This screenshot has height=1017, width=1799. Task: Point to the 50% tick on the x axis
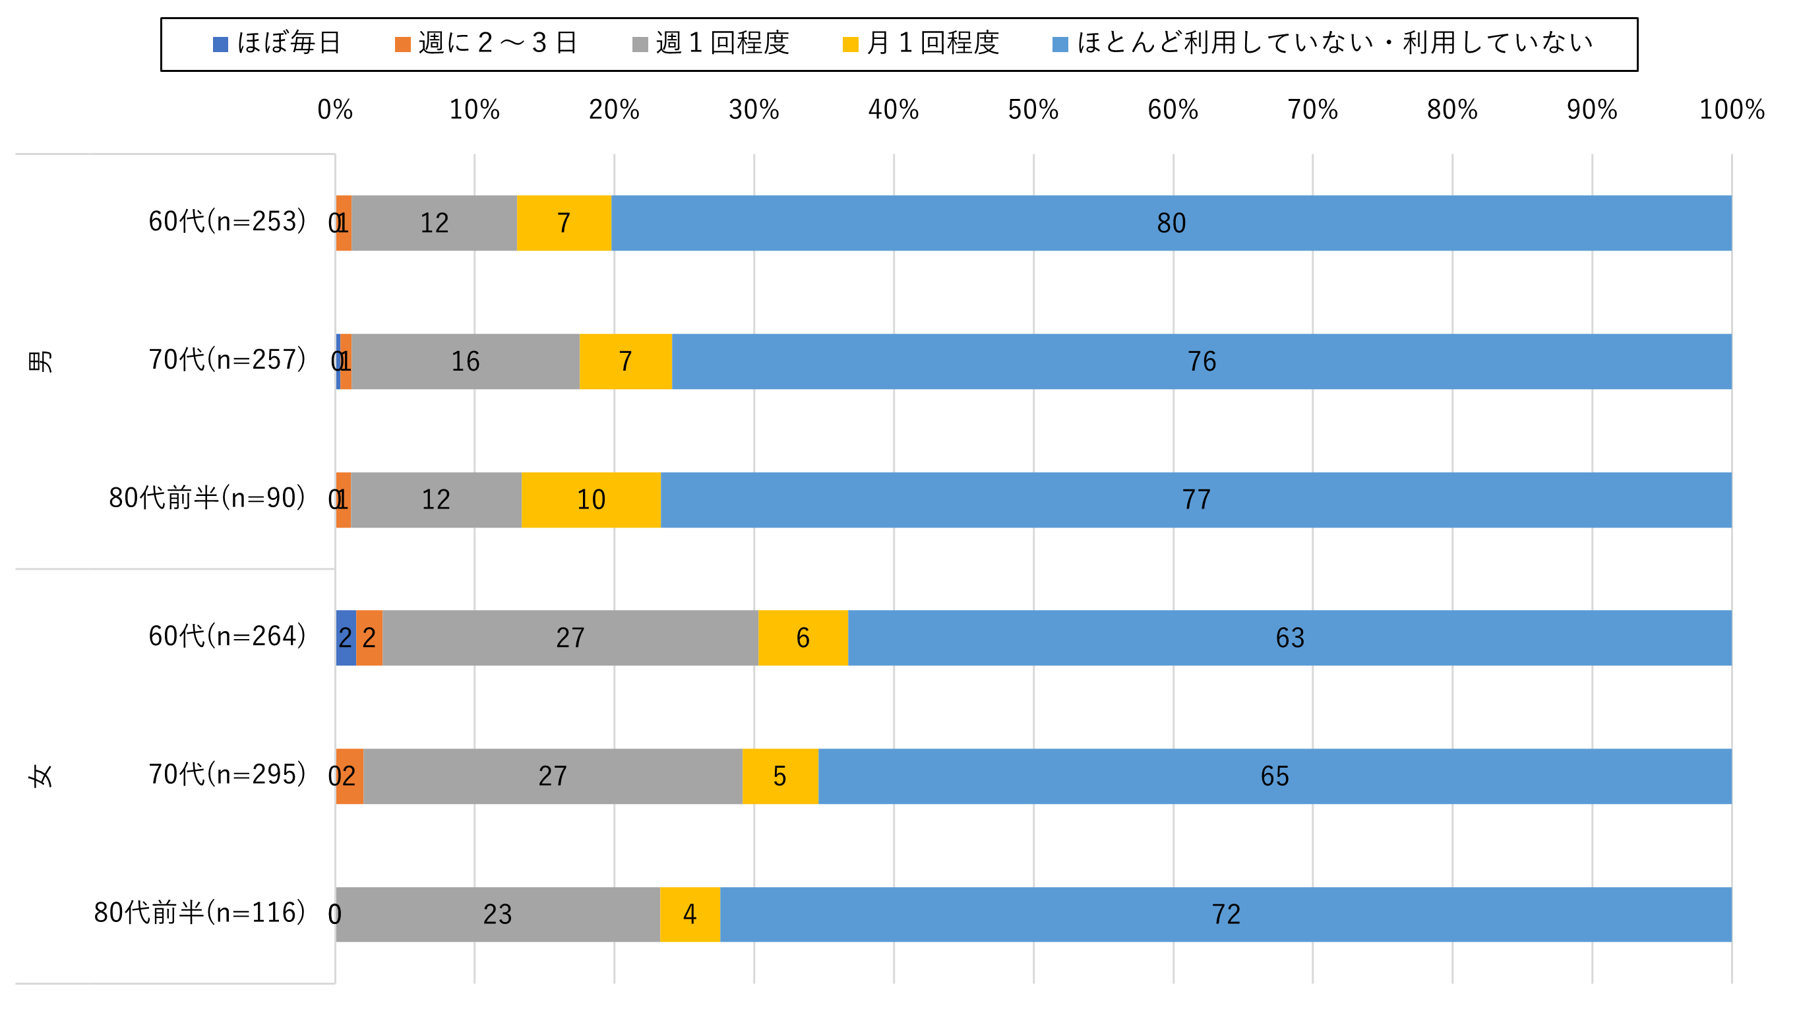[x=1033, y=109]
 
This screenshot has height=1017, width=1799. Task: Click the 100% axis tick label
[x=1731, y=109]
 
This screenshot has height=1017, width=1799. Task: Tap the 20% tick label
[x=614, y=109]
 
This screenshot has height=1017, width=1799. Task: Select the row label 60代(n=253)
[x=227, y=222]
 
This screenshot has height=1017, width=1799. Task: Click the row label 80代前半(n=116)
[x=200, y=912]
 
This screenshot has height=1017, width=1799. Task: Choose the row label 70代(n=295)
[x=227, y=774]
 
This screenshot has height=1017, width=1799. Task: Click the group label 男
[x=40, y=361]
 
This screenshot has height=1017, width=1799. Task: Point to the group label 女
[x=40, y=776]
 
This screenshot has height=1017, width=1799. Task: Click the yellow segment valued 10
[x=591, y=499]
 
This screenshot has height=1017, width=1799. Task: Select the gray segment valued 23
[x=498, y=913]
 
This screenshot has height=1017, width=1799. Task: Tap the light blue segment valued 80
[x=1171, y=223]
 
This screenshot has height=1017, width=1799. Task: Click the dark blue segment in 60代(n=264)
[x=346, y=637]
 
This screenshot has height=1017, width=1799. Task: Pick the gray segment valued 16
[x=465, y=361]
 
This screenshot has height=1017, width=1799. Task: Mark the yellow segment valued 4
[x=690, y=913]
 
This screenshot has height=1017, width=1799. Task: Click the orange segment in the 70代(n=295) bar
[x=350, y=776]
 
